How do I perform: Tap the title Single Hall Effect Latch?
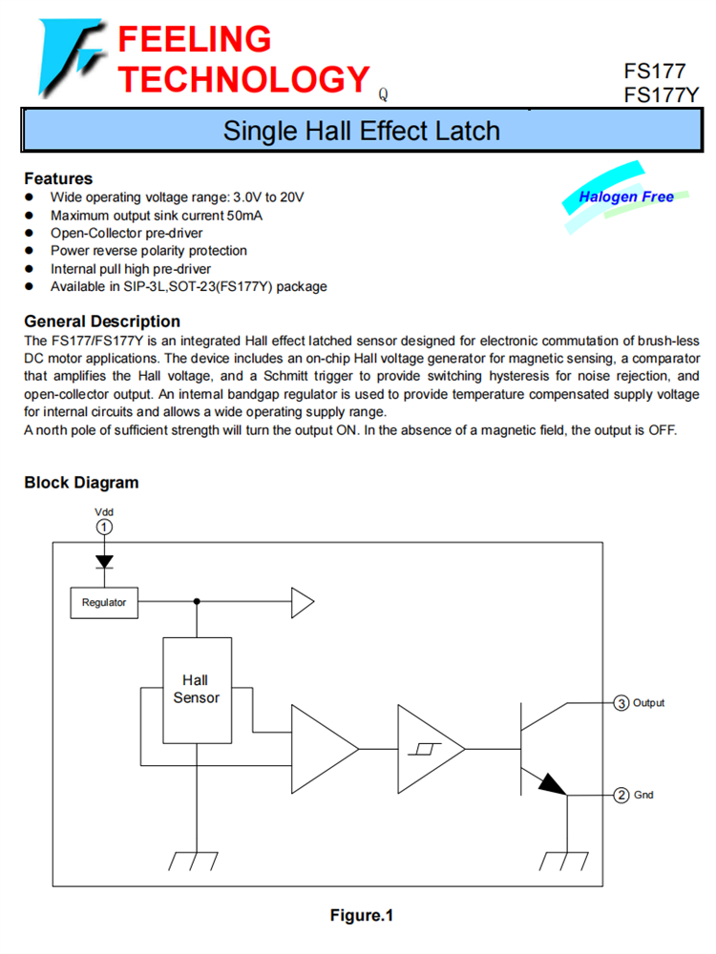click(x=361, y=131)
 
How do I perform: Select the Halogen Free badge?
click(x=625, y=197)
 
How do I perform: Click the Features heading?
click(x=58, y=178)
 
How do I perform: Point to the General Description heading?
click(x=102, y=321)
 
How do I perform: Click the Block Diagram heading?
click(x=81, y=483)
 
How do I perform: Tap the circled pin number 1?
click(x=104, y=527)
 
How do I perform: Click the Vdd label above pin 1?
click(x=104, y=511)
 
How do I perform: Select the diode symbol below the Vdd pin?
click(x=104, y=562)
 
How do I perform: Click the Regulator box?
click(x=104, y=602)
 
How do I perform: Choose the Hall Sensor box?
click(x=196, y=690)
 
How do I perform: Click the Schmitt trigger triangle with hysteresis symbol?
click(x=430, y=747)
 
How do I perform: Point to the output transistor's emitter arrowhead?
click(x=552, y=784)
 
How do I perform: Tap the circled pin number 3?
click(x=621, y=703)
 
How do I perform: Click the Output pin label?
click(x=649, y=703)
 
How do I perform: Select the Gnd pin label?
click(x=644, y=795)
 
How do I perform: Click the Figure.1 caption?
click(x=361, y=916)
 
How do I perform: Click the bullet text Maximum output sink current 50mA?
click(x=157, y=215)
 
